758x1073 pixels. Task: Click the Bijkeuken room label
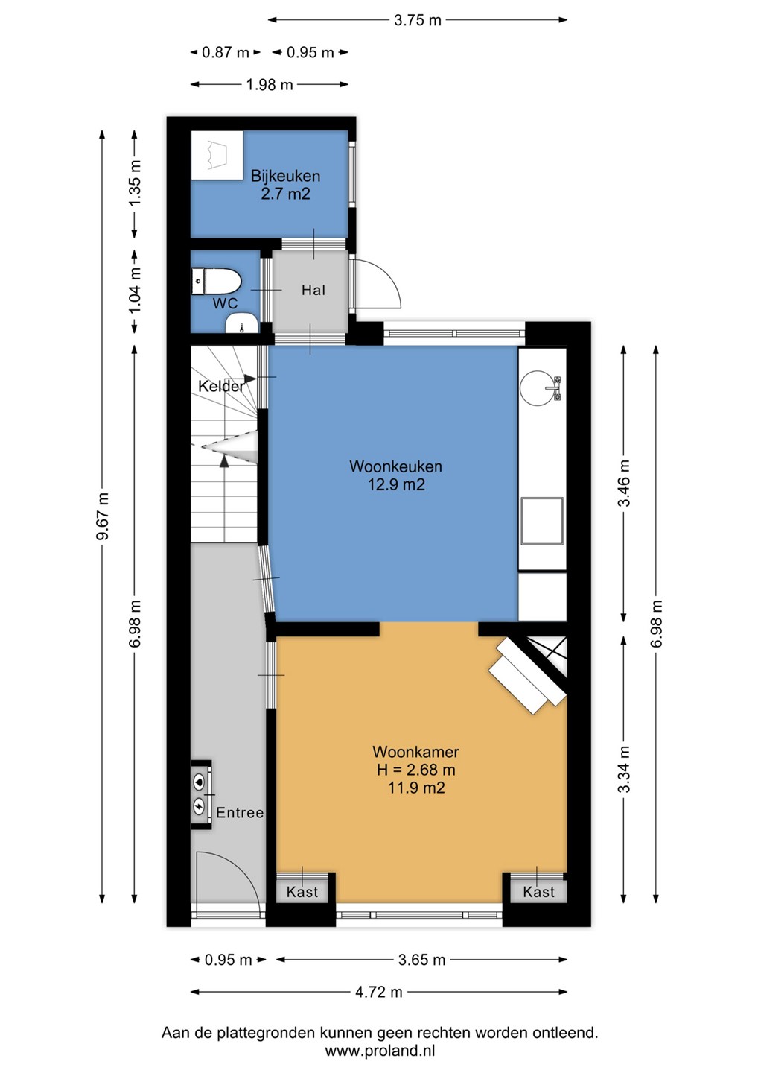point(285,176)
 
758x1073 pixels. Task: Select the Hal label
point(313,290)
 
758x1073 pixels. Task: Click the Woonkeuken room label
point(395,466)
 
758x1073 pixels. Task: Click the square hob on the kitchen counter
point(542,521)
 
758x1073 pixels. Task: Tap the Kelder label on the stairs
point(221,386)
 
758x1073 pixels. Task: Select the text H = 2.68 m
point(415,770)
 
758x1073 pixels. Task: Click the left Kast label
point(302,892)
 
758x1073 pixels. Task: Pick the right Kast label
point(539,892)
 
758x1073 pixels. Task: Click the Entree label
point(240,812)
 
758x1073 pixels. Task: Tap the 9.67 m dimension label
point(103,516)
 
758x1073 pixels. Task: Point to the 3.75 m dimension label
point(417,21)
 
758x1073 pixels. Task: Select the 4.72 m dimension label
point(378,992)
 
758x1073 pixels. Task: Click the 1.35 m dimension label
point(135,183)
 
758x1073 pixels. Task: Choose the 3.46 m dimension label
point(624,482)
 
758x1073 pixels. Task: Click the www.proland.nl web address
point(380,1051)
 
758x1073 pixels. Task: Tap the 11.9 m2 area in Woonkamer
point(415,788)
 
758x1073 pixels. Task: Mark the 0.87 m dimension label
point(226,52)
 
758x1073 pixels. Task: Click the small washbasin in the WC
point(242,323)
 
